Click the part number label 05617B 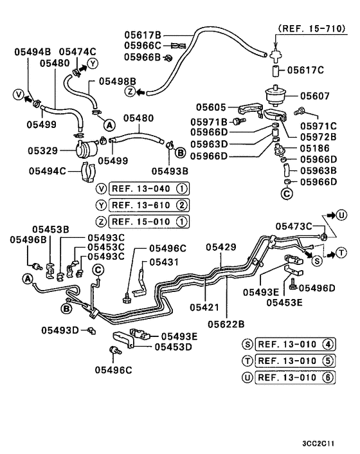point(143,35)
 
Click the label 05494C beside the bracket point(48,171)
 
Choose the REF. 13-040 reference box point(149,189)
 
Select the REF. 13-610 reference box point(149,205)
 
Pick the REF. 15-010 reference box point(149,222)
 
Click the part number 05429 point(222,247)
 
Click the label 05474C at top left point(77,51)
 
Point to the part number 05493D point(60,330)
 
